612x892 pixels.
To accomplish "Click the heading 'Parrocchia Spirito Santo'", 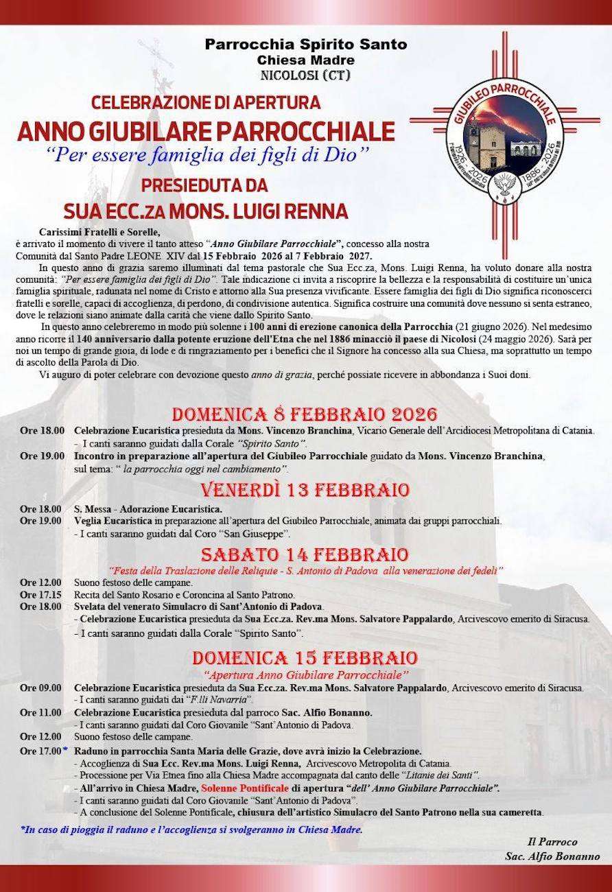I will click(306, 45).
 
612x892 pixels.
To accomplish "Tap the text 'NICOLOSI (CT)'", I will click(305, 75).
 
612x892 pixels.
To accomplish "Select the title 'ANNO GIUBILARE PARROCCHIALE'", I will click(207, 130).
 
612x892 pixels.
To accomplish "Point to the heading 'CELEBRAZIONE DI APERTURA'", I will click(207, 103).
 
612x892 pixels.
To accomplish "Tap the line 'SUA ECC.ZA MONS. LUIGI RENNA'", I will click(206, 209).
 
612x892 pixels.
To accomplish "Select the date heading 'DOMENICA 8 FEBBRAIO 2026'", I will click(305, 414).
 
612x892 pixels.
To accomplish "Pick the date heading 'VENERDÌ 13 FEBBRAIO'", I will click(305, 490).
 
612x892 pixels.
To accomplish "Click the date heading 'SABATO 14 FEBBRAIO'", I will click(305, 554).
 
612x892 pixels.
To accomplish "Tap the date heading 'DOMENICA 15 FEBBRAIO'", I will click(305, 657).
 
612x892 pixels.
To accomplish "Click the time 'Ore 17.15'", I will click(40, 594).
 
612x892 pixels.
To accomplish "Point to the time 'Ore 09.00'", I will click(40, 688).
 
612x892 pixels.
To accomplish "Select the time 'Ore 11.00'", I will click(40, 712).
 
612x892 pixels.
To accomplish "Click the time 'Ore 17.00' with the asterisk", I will click(43, 751).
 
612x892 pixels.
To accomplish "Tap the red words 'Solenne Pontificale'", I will click(245, 788).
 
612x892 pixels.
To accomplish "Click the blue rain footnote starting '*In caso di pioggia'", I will click(191, 830).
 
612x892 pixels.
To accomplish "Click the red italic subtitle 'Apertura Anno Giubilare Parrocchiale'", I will click(306, 674).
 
